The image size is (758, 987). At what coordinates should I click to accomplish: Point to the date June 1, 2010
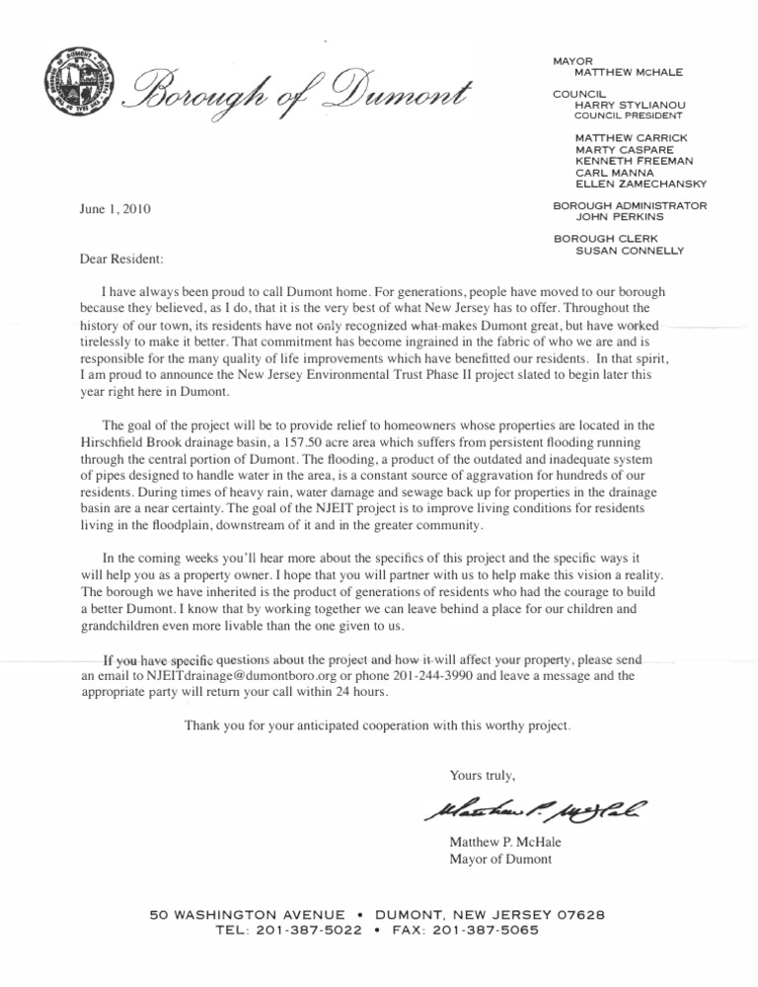116,209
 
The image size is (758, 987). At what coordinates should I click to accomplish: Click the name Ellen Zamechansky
641,183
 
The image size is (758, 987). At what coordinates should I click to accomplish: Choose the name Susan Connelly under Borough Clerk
628,251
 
